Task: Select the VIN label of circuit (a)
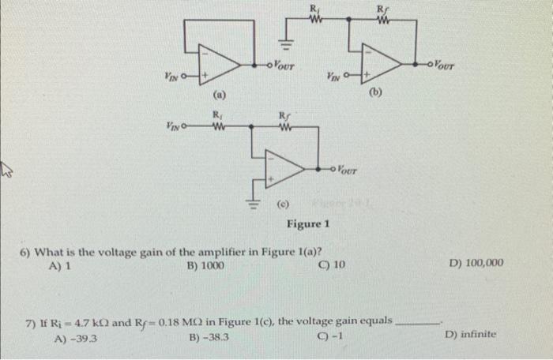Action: (171, 76)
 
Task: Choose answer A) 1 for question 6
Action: (60, 266)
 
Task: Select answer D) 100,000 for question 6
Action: (476, 263)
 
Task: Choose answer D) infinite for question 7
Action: (471, 334)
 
